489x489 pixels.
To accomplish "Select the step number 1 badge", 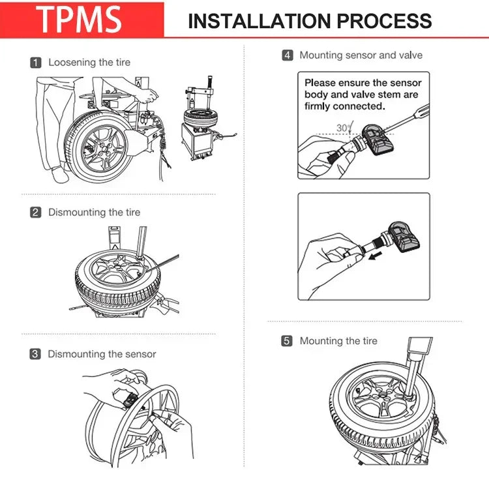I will [x=36, y=63].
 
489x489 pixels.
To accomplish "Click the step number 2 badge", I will [x=36, y=212].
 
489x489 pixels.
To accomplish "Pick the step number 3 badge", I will [x=36, y=354].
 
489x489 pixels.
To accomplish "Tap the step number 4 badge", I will [x=288, y=55].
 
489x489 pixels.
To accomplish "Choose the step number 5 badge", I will [x=288, y=341].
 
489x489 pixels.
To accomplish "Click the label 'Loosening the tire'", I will [x=89, y=63].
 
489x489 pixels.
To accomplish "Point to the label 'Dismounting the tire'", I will [x=94, y=212].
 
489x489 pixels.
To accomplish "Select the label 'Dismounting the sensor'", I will [x=102, y=354].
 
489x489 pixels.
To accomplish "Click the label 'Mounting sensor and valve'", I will [x=361, y=55].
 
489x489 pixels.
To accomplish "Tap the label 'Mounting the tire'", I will [x=338, y=341].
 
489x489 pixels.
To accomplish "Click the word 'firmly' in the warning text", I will [x=320, y=106].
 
